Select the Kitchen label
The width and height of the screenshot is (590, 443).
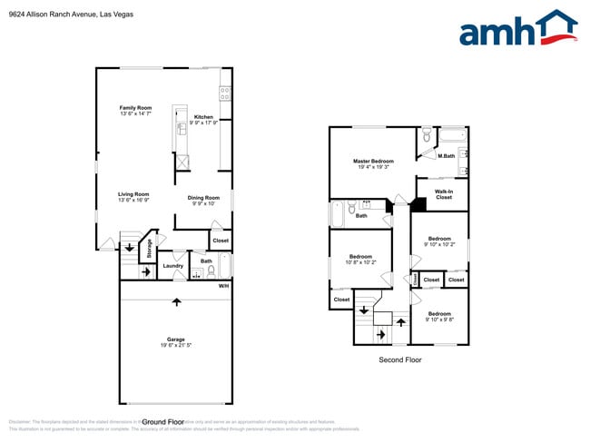(203, 118)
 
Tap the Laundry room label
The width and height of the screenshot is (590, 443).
(173, 266)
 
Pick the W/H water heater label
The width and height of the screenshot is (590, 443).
(223, 286)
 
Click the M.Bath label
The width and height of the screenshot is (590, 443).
(446, 156)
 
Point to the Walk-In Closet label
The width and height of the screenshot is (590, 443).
(443, 194)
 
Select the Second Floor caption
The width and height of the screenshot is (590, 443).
(399, 359)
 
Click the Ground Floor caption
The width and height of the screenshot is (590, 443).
(163, 422)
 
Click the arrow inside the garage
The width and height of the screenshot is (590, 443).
(176, 300)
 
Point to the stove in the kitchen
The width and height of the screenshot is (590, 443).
(224, 93)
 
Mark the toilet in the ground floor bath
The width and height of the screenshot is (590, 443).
(211, 270)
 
